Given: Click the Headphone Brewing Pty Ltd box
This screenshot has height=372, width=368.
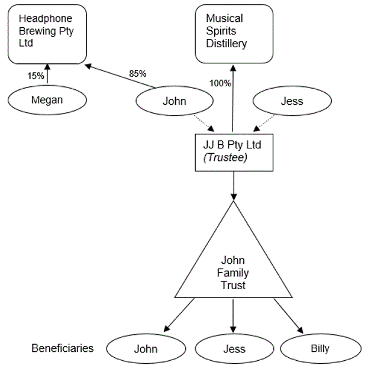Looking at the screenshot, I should pyautogui.click(x=47, y=33).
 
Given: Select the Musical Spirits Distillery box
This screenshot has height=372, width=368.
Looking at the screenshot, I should pyautogui.click(x=234, y=33).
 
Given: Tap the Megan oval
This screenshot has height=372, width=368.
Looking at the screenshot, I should pyautogui.click(x=47, y=100).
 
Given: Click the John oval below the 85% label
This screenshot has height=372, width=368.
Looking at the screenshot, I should pyautogui.click(x=174, y=101).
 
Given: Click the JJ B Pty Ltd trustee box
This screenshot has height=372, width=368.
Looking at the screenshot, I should pyautogui.click(x=233, y=153).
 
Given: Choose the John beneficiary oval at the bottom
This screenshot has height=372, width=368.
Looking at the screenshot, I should pyautogui.click(x=146, y=348).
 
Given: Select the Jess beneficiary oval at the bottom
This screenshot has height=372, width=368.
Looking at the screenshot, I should pyautogui.click(x=234, y=348).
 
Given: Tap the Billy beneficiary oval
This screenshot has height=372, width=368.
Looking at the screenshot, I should pyautogui.click(x=320, y=348).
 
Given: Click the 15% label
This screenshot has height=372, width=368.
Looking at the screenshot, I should pyautogui.click(x=35, y=76).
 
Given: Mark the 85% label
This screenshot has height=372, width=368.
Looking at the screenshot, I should pyautogui.click(x=138, y=74).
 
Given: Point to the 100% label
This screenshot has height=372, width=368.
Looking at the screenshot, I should pyautogui.click(x=221, y=83).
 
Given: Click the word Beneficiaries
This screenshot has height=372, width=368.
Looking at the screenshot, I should pyautogui.click(x=62, y=348).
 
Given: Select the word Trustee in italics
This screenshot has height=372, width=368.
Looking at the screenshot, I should pyautogui.click(x=224, y=158).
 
